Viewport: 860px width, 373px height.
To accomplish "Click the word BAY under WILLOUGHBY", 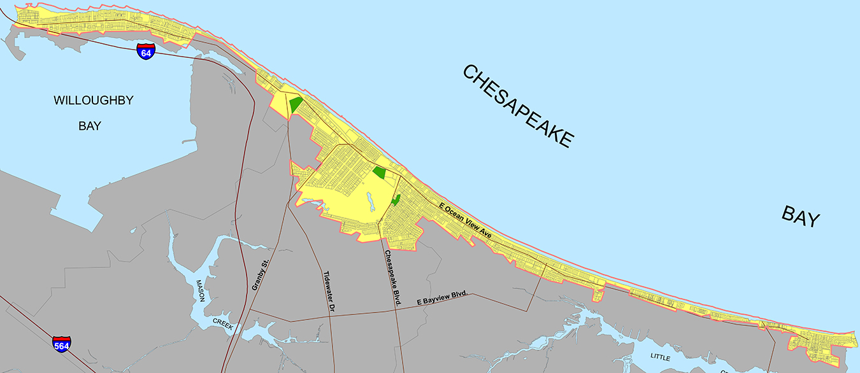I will [90, 126].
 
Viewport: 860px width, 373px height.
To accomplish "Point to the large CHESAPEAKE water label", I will [517, 106].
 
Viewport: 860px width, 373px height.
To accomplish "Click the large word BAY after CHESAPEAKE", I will [800, 217].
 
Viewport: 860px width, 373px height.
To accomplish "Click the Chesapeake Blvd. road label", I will [391, 278].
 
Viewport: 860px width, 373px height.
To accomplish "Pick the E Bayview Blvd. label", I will [443, 297].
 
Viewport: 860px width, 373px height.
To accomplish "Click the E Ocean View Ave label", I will [466, 220].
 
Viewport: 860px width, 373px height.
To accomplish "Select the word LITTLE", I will [660, 358].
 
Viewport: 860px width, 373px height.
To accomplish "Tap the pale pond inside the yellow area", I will [369, 205].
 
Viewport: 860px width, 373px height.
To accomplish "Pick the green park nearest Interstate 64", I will [296, 104].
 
